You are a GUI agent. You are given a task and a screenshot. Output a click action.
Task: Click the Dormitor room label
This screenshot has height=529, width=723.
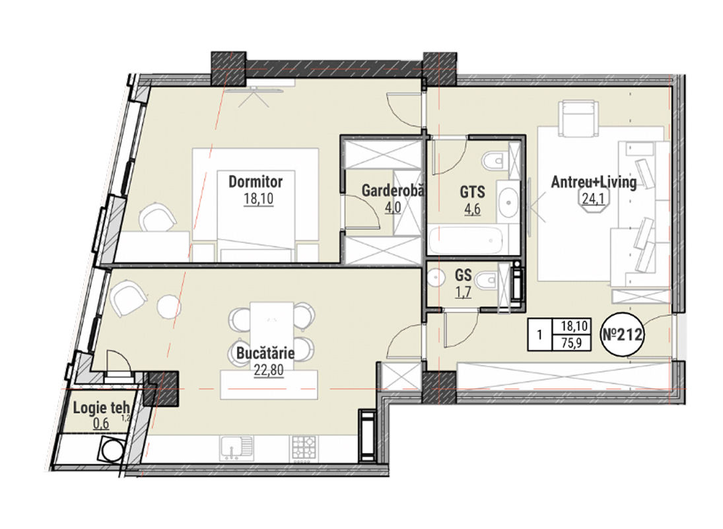point(256,181)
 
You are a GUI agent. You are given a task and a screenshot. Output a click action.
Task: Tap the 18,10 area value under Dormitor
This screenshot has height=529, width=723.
point(259,199)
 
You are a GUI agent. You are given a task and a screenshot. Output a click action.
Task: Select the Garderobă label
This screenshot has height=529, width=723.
point(392,190)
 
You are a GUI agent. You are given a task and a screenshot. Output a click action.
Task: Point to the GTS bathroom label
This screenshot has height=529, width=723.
point(472,192)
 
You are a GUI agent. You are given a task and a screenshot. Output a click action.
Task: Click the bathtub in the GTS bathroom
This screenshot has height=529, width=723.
point(467,239)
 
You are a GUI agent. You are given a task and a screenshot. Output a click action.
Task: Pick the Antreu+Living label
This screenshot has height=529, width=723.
point(594,182)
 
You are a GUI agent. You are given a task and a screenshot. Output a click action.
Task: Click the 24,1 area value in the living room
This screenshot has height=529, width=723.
point(590,199)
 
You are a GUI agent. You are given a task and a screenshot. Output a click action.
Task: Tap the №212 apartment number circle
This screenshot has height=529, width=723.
point(623,334)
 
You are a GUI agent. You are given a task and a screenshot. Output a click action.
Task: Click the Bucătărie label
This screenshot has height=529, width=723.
point(265,354)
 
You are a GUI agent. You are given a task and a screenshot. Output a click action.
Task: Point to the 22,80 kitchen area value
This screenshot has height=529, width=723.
point(268,370)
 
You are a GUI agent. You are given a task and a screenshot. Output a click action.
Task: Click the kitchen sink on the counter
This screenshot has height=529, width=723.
point(236,448)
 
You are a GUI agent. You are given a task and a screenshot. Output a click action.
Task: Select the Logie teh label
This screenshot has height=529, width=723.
point(101,407)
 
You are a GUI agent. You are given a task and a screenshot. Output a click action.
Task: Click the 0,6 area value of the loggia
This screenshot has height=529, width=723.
point(101,423)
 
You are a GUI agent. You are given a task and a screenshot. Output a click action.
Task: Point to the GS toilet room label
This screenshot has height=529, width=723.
point(463,275)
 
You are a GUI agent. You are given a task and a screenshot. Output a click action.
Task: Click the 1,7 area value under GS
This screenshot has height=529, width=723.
point(464,293)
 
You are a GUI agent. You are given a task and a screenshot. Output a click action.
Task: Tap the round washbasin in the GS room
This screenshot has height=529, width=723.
point(434,279)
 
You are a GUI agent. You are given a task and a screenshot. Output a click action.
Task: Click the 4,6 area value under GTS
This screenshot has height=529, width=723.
point(472,209)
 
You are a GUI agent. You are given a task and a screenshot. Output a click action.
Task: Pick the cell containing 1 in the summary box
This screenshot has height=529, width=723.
point(539,334)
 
